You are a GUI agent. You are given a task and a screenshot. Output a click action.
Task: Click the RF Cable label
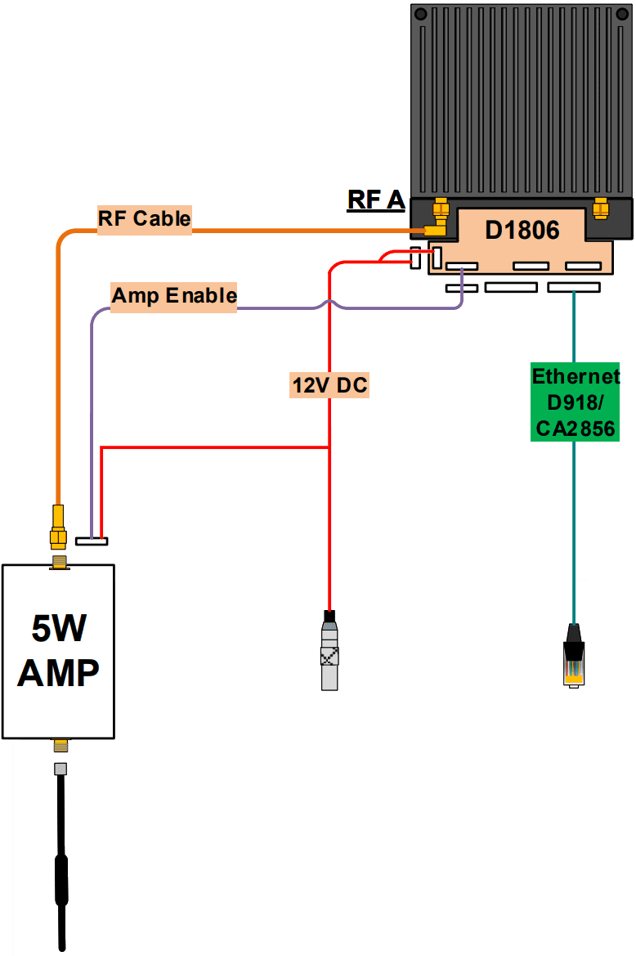tap(145, 219)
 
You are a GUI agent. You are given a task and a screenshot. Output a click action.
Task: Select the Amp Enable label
tap(174, 296)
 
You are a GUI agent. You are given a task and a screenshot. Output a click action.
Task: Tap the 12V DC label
tap(329, 384)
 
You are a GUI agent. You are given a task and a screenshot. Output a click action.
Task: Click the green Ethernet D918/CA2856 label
tap(575, 402)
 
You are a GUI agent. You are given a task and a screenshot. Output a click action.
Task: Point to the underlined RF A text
tap(376, 200)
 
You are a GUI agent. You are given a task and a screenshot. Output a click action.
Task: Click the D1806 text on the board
tap(522, 230)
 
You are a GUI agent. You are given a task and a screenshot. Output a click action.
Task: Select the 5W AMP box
tap(58, 651)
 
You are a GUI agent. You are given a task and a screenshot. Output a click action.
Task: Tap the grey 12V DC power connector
tap(329, 655)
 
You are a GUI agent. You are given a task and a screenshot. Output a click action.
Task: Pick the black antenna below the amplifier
tap(60, 867)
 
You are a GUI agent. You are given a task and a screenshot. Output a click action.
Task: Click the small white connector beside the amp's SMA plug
tap(91, 541)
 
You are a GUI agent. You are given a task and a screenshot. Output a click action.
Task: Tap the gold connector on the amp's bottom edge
tap(60, 745)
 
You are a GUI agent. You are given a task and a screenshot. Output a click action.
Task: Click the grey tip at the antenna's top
tap(60, 769)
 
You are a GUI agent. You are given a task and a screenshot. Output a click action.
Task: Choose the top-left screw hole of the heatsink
tap(420, 15)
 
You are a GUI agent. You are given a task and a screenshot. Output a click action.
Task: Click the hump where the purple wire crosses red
tap(329, 303)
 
